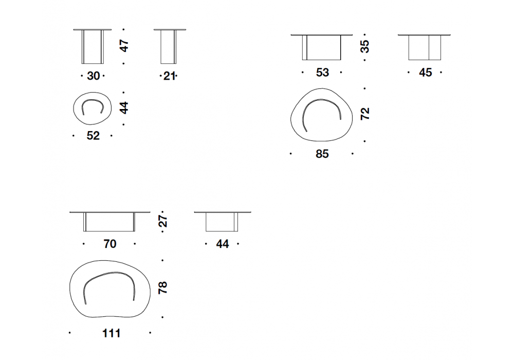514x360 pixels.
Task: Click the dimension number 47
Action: click(124, 46)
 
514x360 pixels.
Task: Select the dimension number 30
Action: click(93, 76)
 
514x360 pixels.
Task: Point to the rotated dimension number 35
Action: click(364, 47)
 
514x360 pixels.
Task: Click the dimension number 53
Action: click(322, 73)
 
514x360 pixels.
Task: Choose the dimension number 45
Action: click(425, 73)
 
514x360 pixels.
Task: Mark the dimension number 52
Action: click(93, 136)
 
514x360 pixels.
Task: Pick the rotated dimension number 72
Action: click(365, 114)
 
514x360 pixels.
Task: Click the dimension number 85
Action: click(322, 154)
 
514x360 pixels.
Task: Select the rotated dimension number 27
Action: click(162, 221)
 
